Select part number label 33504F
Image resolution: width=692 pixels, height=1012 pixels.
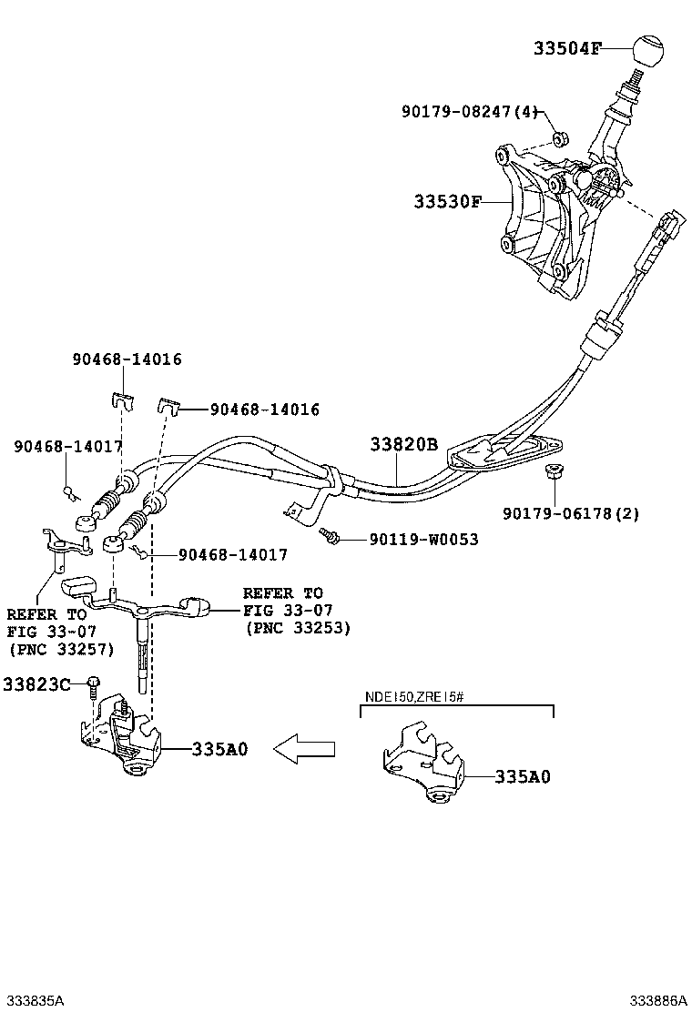[567, 49]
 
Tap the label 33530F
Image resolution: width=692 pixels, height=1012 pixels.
[447, 202]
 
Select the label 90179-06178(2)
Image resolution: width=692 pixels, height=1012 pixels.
[571, 513]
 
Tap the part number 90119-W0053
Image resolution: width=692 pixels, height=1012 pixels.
[423, 540]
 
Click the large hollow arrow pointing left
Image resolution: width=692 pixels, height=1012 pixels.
[305, 748]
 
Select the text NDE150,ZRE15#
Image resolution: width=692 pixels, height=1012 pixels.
[415, 697]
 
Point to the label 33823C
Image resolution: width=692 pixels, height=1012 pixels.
[36, 683]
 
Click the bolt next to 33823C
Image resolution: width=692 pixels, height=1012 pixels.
[94, 689]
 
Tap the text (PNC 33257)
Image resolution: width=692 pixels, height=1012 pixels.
[61, 649]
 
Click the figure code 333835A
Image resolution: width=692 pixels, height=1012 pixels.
[33, 1000]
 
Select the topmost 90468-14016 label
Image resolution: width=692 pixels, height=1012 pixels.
[127, 359]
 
